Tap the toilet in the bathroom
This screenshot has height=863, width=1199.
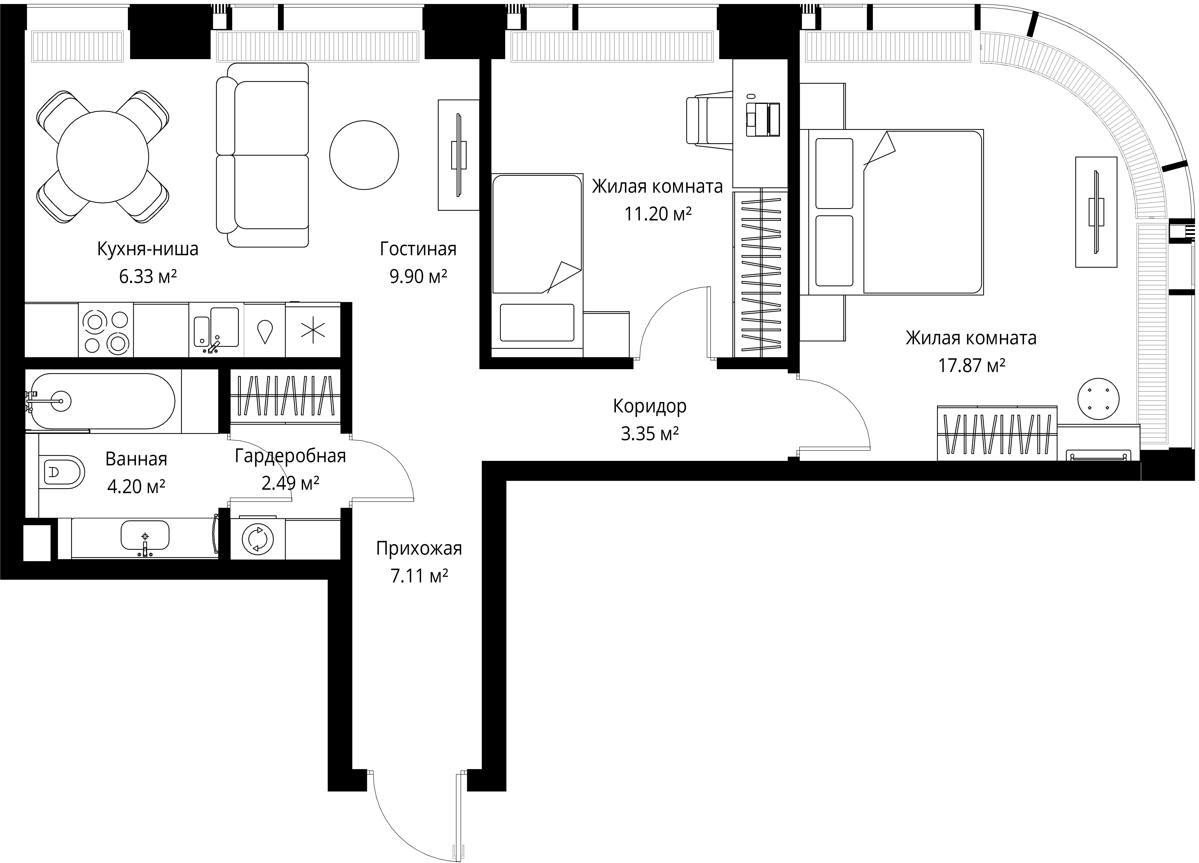(62, 471)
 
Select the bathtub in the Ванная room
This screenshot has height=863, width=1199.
(101, 401)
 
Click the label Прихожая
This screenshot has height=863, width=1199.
(419, 549)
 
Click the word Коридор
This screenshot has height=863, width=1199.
(650, 406)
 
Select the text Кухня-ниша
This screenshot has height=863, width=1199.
(147, 249)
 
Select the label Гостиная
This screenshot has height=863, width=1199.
(418, 249)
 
